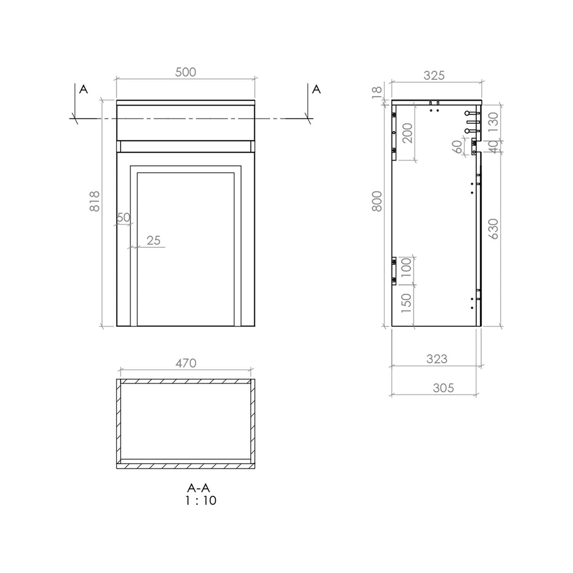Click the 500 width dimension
pos(185,72)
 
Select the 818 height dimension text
pos(95,201)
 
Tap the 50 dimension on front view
pos(123,218)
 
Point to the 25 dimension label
pos(153,240)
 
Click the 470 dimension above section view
pos(185,363)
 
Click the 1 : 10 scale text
pos(201,501)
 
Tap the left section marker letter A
pos(84,89)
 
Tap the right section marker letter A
pos(317,89)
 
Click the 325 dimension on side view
pos(434,75)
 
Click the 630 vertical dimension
pos(493,229)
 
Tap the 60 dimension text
pos(457,147)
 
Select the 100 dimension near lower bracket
pos(406,268)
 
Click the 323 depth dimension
pos(437,359)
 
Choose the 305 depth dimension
pos(443,388)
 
